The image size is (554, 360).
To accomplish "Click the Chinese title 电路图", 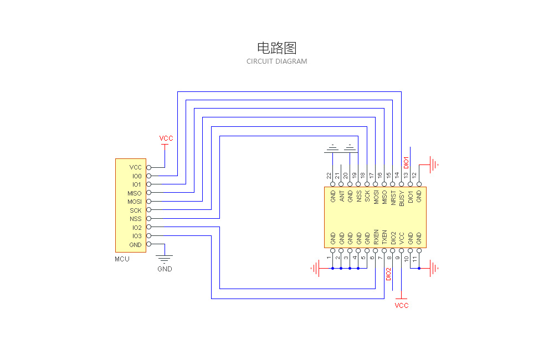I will tap(276, 48).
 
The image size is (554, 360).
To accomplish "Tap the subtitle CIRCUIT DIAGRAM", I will tap(276, 61).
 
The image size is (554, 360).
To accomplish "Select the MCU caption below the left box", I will tap(122, 259).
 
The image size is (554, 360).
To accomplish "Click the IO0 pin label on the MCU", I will tap(136, 176).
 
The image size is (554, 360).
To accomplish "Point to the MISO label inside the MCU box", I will tap(135, 193).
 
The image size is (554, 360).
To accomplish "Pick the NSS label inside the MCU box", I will tap(136, 219).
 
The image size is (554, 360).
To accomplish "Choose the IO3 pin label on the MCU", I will tap(136, 236).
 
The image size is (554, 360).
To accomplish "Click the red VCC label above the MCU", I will tap(166, 138).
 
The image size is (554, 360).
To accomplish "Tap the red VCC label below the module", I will tap(402, 306).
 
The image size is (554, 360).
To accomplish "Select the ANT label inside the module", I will tap(342, 196).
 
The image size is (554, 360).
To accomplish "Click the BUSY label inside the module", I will tap(402, 198).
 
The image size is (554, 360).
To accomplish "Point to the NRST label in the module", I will tap(393, 198).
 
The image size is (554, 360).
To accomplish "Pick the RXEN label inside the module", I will tap(376, 237).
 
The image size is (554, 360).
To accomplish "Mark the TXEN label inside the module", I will tap(384, 237).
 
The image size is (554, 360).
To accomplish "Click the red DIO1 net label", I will tap(406, 161).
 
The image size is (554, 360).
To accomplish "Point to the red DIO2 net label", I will tap(389, 274).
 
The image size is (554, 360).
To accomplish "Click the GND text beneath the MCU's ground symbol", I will tap(165, 269).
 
